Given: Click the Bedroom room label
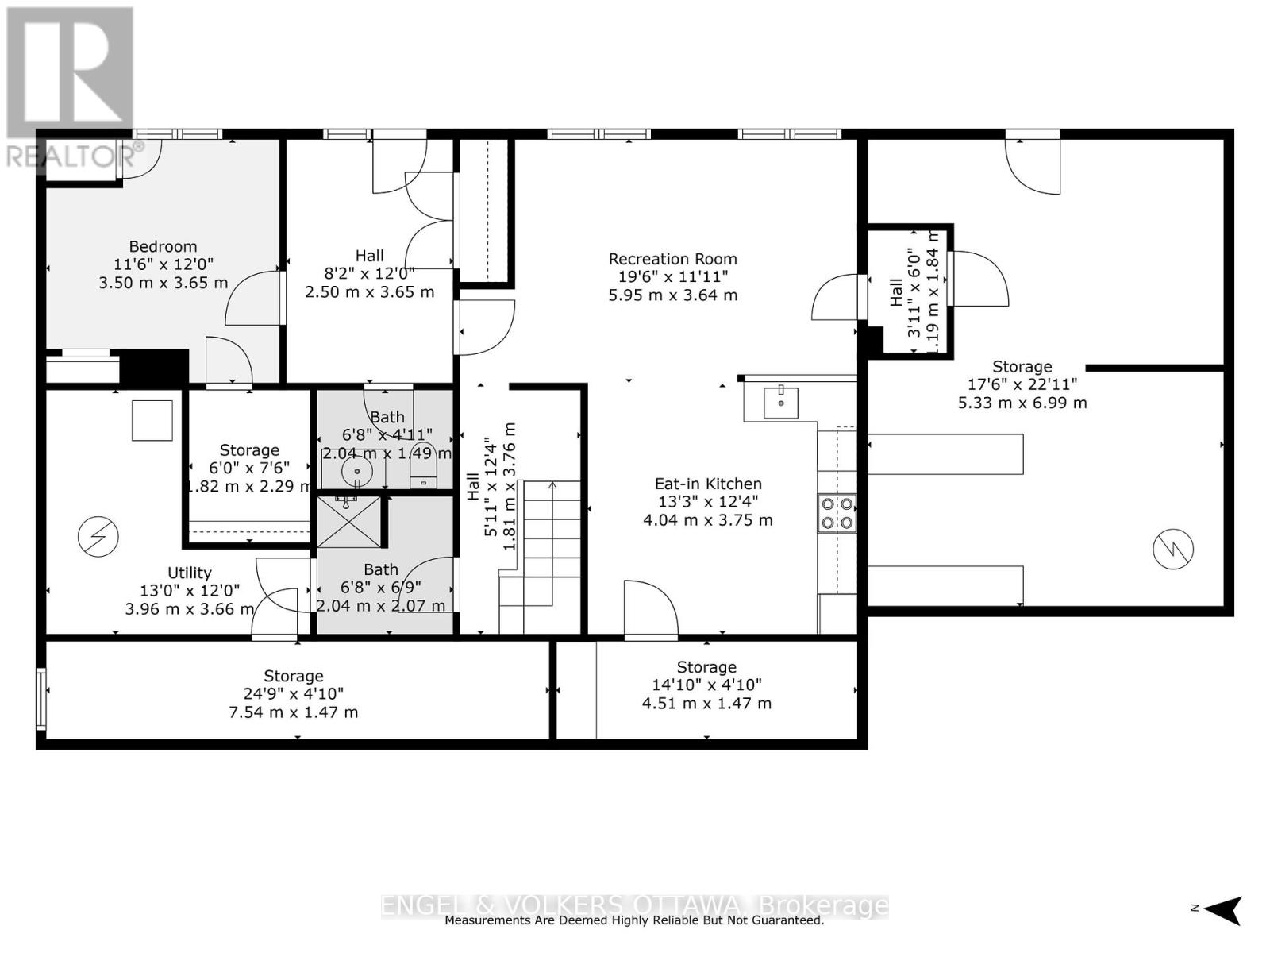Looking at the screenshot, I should [163, 246].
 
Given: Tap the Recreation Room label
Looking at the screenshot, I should [672, 259].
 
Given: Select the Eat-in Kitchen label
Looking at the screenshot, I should [707, 484].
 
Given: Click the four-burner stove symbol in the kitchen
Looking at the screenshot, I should [837, 513].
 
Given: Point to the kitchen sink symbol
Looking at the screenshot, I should [780, 403].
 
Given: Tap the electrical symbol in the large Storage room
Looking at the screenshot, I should [1173, 548].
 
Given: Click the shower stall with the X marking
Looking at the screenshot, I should [349, 522].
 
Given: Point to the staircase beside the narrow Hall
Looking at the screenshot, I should [540, 556].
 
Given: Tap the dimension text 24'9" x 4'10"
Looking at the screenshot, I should [293, 694].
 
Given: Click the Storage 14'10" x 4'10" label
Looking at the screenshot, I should [706, 667].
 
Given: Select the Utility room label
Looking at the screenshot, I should [190, 573].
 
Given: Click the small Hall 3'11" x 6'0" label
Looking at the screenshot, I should [895, 292].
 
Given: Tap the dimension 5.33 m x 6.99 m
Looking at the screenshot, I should [1022, 403].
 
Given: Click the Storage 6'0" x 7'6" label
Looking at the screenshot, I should [249, 450].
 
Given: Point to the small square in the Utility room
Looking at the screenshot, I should [152, 420].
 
